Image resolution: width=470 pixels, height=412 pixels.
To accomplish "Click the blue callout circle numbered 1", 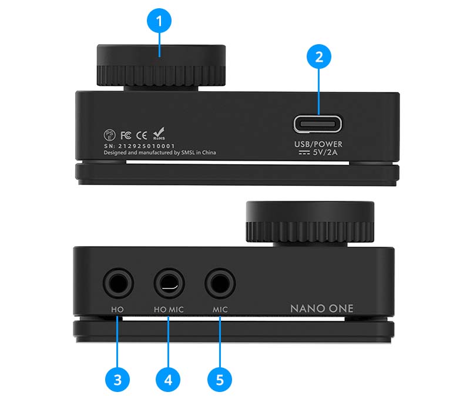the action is coord(159,21).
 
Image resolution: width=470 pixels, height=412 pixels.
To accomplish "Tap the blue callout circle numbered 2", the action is coord(319,57).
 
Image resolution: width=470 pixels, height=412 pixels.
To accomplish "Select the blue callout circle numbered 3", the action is coord(117,380).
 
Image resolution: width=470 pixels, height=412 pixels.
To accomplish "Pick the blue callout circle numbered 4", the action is coord(168,380).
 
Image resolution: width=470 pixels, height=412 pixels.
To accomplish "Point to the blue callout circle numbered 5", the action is coord(220,380).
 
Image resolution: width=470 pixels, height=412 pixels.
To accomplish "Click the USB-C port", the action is coord(318,124).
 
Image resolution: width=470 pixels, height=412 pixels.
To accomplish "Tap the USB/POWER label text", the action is coord(318,144).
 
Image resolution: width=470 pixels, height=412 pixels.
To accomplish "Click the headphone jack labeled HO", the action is coord(118,283).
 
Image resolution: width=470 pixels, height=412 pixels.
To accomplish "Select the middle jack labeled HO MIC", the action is coord(169,283).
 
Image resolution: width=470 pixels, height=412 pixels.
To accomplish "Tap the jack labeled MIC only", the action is coord(220,283).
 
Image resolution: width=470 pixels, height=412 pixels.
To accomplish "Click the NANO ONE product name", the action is coord(321,308).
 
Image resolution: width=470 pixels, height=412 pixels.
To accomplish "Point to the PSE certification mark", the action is coord(109,135).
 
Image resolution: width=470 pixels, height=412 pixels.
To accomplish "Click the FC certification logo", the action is coord(126,135).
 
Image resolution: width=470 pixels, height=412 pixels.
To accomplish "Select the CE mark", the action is coord(142,135).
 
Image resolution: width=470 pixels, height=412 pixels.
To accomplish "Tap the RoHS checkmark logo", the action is coord(159,134).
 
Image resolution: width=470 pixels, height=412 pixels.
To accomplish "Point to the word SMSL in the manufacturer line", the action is coord(188,152).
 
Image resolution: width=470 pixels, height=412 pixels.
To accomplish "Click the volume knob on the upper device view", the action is coord(161,65).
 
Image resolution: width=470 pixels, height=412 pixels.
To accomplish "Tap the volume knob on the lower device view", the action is coord(310,222).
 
